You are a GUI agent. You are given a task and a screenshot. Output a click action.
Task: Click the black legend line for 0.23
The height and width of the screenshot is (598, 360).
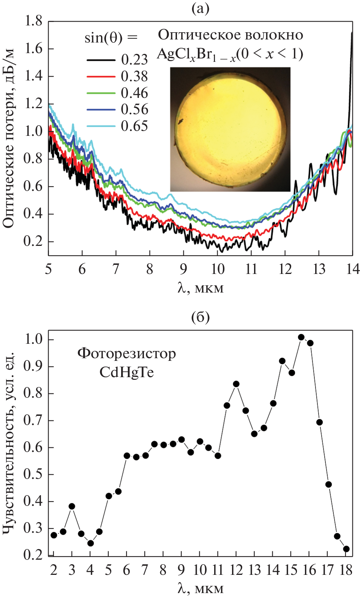tap(101, 60)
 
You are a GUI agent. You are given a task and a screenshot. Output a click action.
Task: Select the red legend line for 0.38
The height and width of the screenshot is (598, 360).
tap(101, 77)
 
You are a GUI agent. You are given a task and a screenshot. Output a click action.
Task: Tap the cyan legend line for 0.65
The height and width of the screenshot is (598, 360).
tap(101, 126)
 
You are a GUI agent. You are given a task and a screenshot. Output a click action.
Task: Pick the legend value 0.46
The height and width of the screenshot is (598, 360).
tap(134, 93)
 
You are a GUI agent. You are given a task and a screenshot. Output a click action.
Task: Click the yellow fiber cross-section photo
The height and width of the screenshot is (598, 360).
tap(230, 129)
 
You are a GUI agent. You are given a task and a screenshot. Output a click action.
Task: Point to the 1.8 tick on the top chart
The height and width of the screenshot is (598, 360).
tap(34, 21)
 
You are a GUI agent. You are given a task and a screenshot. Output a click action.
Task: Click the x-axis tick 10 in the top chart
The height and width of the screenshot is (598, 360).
tap(218, 269)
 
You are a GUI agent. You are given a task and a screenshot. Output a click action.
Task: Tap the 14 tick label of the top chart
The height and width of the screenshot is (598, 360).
tap(353, 269)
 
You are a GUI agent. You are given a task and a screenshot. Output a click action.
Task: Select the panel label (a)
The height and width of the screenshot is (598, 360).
tap(201, 8)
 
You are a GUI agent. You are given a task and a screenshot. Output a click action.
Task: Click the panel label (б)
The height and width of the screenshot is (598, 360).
tap(201, 317)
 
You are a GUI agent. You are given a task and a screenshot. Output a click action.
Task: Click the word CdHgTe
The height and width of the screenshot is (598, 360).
tap(126, 372)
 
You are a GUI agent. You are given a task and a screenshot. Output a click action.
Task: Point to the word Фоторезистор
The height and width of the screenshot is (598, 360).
tap(126, 354)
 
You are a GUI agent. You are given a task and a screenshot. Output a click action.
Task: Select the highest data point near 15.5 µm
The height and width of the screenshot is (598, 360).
tap(301, 337)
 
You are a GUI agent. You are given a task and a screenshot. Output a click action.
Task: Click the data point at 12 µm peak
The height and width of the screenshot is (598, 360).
tap(236, 384)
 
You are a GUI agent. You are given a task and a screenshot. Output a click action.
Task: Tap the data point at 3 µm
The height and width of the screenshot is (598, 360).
tap(72, 507)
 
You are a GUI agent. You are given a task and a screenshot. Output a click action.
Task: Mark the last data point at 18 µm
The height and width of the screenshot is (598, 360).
tap(346, 549)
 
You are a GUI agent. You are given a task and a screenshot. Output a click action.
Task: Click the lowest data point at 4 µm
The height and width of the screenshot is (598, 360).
tap(90, 543)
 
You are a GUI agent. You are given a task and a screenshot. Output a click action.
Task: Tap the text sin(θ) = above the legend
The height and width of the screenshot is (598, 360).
tap(111, 38)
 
